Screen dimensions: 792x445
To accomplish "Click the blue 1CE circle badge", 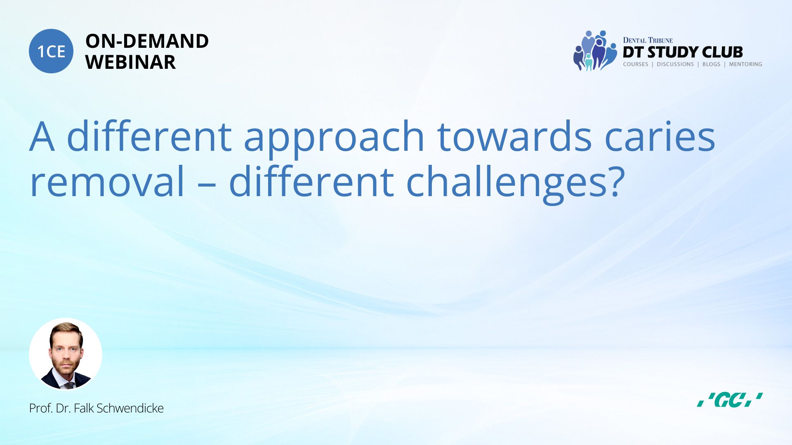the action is [51, 51].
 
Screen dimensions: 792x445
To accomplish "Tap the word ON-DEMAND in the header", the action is [147, 41].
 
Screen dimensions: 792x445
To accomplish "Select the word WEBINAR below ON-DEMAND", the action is [130, 62].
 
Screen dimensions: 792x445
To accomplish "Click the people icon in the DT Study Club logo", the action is [594, 51].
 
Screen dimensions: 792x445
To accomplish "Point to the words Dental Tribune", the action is [648, 40].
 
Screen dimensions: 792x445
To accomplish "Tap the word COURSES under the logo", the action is [635, 64].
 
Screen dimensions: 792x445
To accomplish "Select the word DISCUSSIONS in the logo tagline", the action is [675, 64].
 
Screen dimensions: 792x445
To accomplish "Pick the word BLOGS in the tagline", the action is [711, 64].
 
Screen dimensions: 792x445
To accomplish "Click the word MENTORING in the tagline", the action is [745, 64].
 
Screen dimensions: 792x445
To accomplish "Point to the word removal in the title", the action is [107, 181].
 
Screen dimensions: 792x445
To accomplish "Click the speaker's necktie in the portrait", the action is [69, 385].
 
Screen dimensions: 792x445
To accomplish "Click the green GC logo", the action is [730, 400].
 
